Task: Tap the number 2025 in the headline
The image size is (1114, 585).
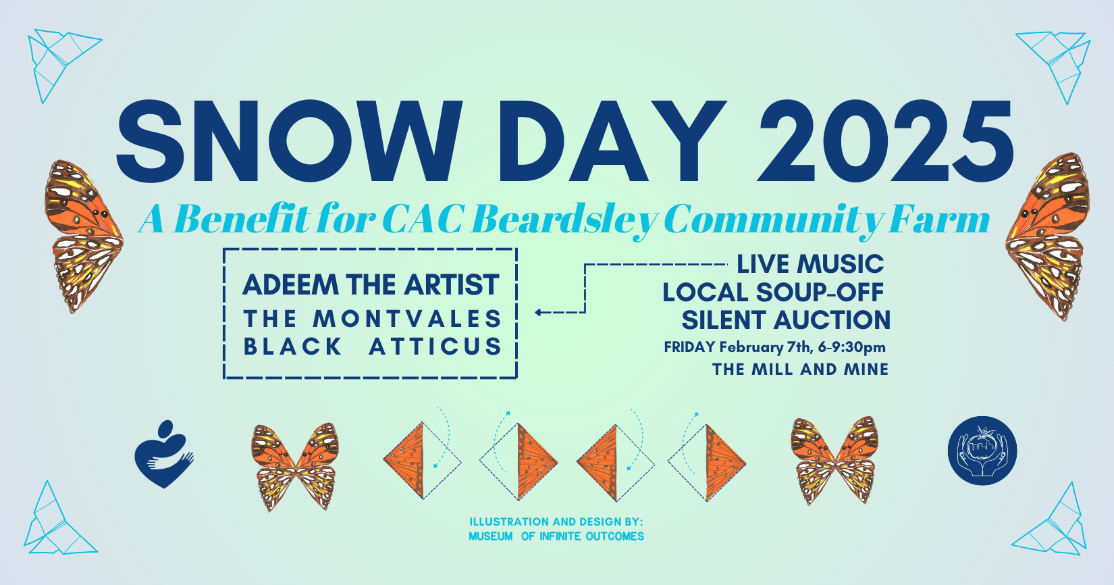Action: pos(886,142)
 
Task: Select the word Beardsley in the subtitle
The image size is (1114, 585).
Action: pos(564,220)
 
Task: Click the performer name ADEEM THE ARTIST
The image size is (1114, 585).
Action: pos(371,285)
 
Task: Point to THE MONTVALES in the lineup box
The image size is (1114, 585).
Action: pos(373,318)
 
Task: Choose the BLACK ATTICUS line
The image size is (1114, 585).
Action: pos(373,347)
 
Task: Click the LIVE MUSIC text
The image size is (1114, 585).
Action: pos(810,264)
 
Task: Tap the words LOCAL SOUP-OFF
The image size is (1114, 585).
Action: pos(773,292)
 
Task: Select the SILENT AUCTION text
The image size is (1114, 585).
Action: pos(786,320)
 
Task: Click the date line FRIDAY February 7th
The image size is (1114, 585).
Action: pos(774,347)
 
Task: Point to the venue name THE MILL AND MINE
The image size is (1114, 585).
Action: pos(800,370)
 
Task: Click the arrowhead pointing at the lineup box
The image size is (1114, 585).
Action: pos(539,312)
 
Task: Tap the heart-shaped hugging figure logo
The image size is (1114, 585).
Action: pos(163,454)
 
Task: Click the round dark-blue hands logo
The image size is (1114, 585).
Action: pos(982,451)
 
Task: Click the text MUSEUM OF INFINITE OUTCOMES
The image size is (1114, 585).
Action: pos(556,536)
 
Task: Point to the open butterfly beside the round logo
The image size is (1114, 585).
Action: pos(835,460)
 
